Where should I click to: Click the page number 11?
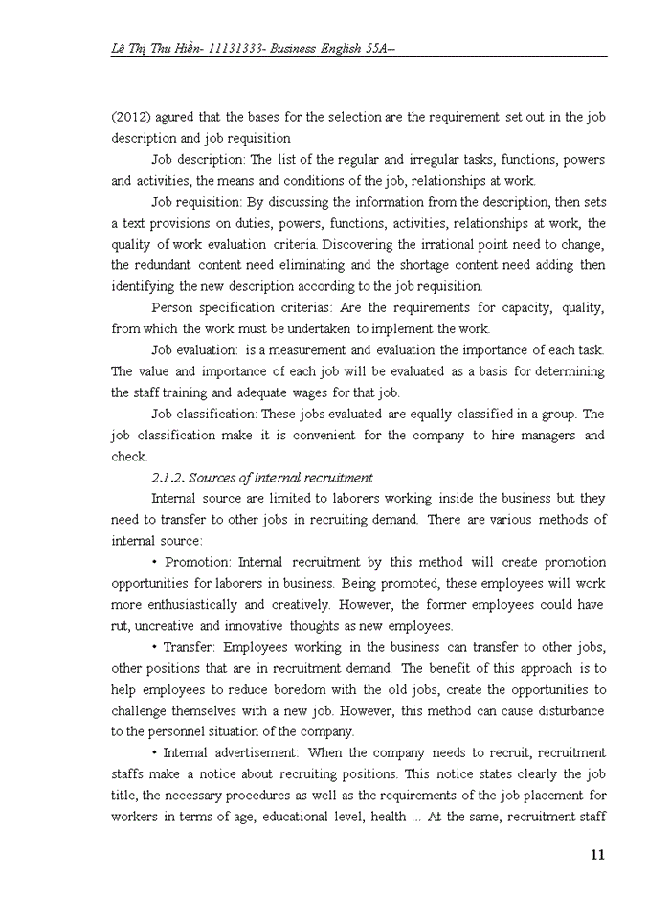(x=597, y=855)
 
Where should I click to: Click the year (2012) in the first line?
(x=128, y=117)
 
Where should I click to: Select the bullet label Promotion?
(x=198, y=562)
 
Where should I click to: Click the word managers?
(x=542, y=436)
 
